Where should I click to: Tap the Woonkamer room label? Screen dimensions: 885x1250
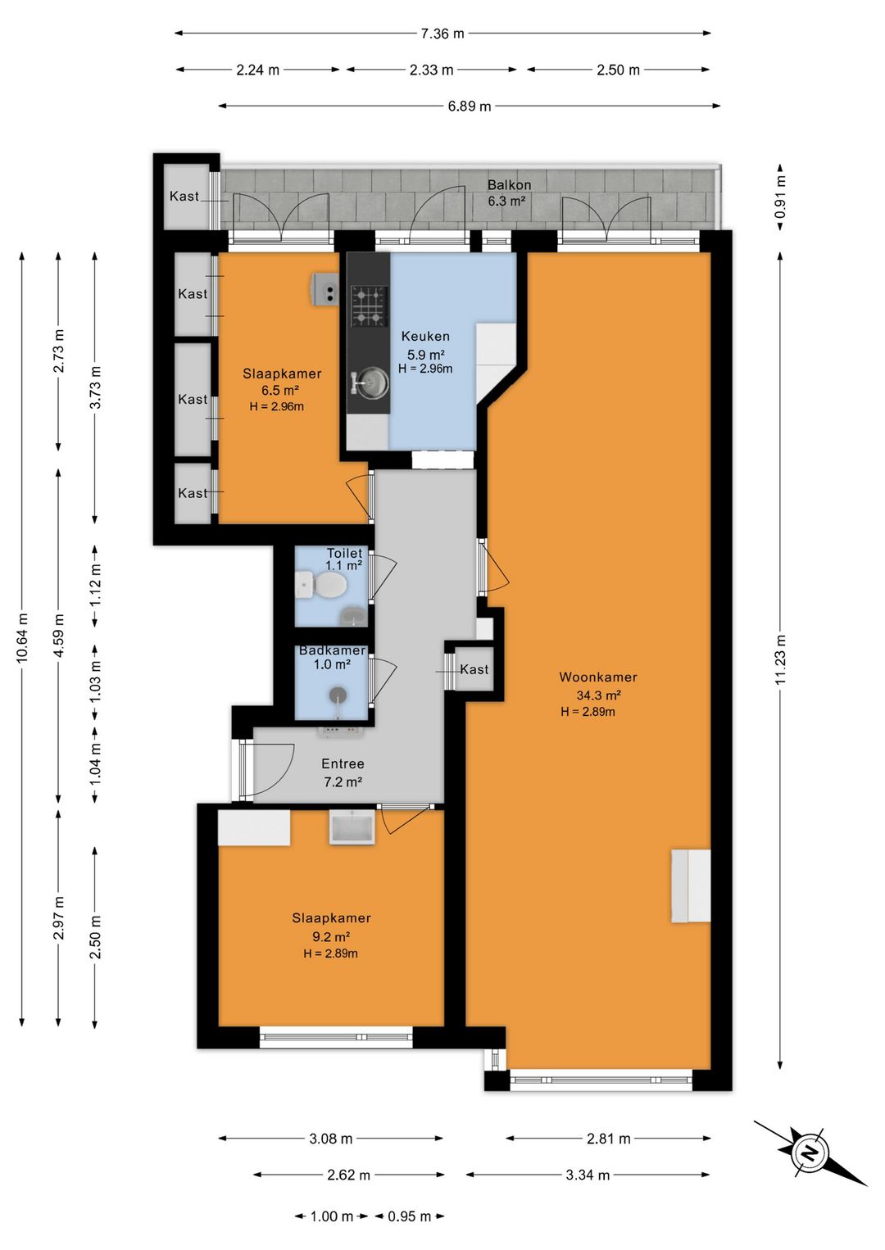(x=598, y=677)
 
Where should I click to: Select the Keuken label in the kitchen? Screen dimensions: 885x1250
(x=425, y=336)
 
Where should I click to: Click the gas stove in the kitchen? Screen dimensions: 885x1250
(x=369, y=306)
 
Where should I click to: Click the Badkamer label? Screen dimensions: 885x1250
(x=332, y=650)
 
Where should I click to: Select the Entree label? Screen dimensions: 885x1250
(x=343, y=764)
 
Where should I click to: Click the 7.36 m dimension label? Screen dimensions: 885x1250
(x=442, y=34)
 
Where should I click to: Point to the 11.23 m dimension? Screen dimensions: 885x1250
(x=781, y=659)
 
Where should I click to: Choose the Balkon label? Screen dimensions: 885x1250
(x=509, y=184)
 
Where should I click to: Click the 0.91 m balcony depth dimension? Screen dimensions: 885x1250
(x=781, y=197)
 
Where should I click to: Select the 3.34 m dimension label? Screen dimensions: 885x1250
(x=588, y=1175)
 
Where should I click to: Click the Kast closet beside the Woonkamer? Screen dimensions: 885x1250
(x=474, y=669)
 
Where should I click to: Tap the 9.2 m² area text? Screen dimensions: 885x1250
(x=330, y=936)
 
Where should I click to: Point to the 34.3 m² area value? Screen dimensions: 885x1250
(x=598, y=695)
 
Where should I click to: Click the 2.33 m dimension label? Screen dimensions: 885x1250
(x=431, y=70)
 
